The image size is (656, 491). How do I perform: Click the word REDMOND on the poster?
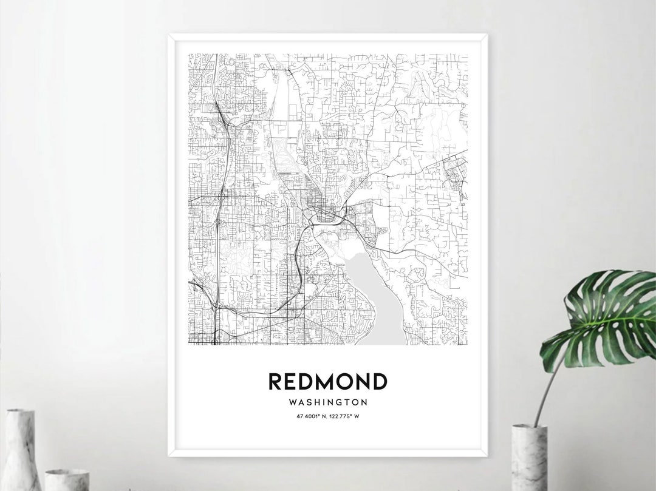[327, 382]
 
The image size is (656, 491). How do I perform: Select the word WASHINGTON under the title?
[328, 402]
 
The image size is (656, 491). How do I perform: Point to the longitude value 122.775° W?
[345, 416]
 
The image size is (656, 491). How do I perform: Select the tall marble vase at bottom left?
[22, 450]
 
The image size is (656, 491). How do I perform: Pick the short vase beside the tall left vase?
[67, 479]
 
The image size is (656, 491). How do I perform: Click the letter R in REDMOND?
[275, 382]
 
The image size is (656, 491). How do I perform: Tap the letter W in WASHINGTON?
[293, 402]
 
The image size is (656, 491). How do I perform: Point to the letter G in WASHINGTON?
[339, 402]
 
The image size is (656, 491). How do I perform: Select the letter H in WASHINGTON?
[318, 402]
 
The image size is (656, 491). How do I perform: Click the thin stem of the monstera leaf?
[544, 388]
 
